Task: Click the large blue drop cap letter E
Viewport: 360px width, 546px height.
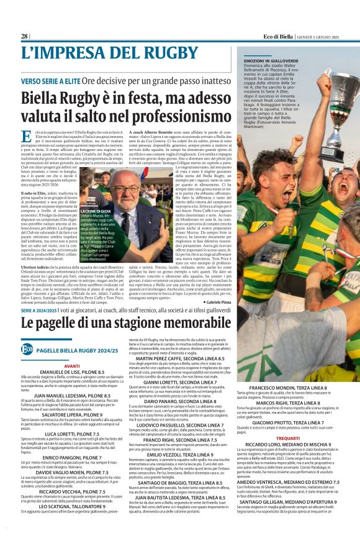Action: [x=27, y=137]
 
